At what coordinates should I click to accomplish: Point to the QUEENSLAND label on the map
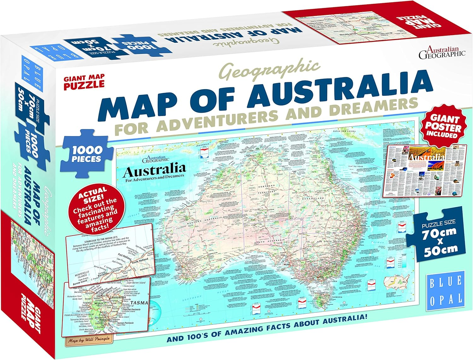pyautogui.click(x=313, y=198)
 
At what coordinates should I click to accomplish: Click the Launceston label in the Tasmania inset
pyautogui.click(x=118, y=297)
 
